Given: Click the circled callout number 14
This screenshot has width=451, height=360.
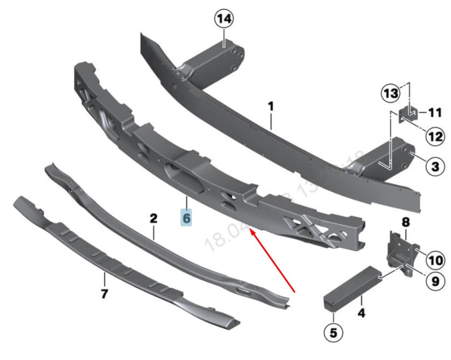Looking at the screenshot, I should pyautogui.click(x=224, y=19).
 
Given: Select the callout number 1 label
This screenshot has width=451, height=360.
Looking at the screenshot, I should pyautogui.click(x=271, y=107).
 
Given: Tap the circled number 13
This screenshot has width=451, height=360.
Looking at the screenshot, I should pyautogui.click(x=392, y=94).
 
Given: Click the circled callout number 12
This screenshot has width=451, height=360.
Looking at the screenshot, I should pyautogui.click(x=435, y=137).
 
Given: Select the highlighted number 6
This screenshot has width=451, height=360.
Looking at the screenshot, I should pyautogui.click(x=186, y=218).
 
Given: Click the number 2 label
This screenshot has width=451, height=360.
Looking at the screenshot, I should pyautogui.click(x=154, y=218).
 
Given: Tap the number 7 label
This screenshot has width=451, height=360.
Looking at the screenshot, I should pyautogui.click(x=105, y=294).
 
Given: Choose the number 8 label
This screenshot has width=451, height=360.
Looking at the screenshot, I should pyautogui.click(x=406, y=221).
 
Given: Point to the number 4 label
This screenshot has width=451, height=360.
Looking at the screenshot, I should pyautogui.click(x=361, y=312).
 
